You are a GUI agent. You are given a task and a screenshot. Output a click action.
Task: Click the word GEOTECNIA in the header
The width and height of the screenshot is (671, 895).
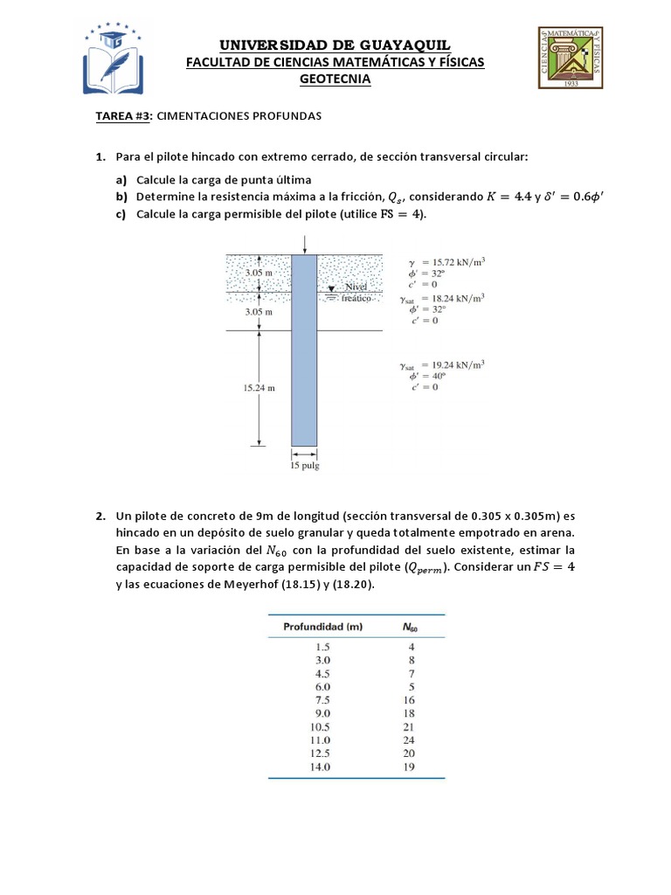click(335, 79)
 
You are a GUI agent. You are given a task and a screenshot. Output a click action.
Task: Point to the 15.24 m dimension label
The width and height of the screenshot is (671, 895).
click(259, 389)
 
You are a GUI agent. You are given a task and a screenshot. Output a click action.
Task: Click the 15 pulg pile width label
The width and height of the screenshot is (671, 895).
click(304, 466)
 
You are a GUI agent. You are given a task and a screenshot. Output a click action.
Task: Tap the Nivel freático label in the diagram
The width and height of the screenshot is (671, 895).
click(358, 291)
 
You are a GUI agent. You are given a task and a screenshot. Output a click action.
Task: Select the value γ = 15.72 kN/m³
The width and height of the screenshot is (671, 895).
click(446, 261)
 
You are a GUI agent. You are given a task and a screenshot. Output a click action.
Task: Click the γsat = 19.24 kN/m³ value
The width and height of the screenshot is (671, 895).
click(446, 364)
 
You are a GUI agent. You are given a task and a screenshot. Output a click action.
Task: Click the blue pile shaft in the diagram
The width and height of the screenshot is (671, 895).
click(304, 350)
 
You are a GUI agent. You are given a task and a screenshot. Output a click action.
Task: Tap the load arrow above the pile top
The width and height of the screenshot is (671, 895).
click(304, 246)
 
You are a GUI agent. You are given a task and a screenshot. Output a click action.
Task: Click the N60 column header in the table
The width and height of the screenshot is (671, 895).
click(411, 628)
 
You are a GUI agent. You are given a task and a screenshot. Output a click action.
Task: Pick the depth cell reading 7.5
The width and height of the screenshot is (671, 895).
click(322, 700)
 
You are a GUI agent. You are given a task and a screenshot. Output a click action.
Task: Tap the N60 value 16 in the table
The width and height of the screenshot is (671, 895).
click(410, 700)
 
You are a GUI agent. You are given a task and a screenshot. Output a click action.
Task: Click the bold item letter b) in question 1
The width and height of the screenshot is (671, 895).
click(121, 195)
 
